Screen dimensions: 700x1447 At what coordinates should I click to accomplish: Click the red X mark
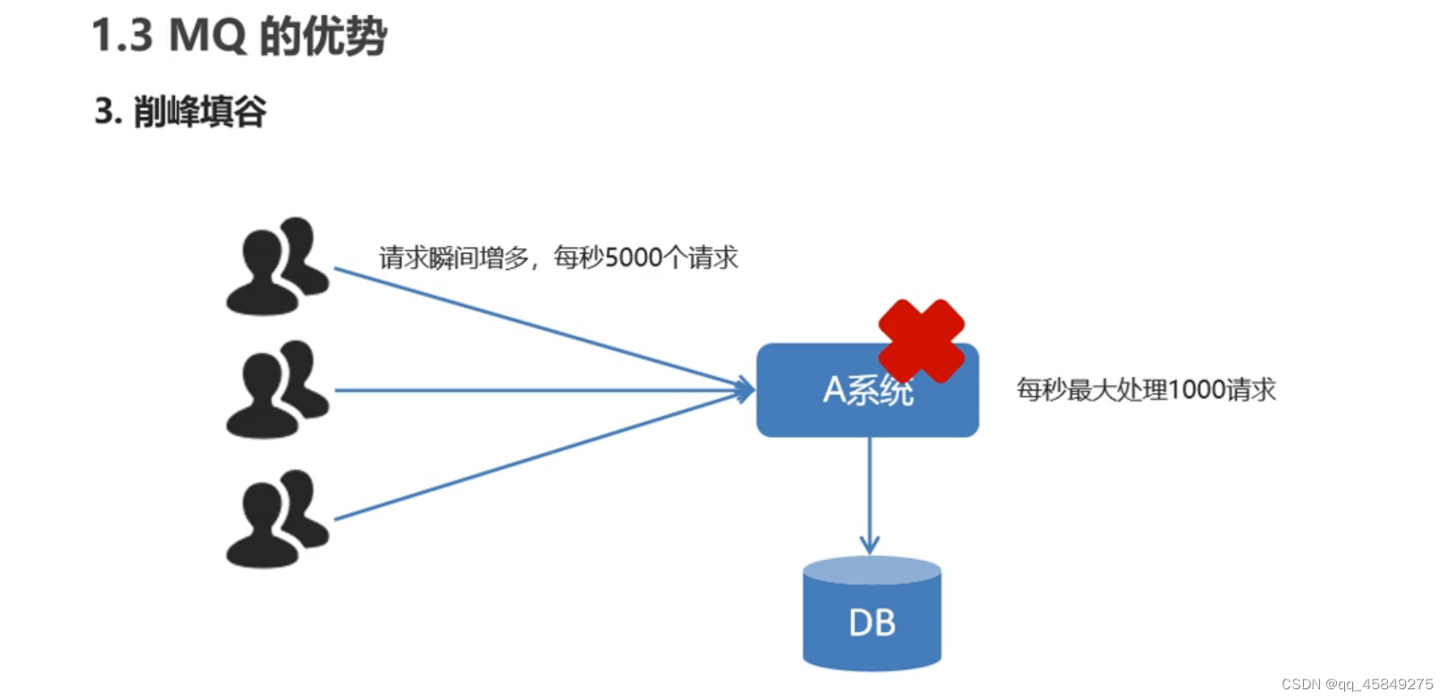(x=921, y=341)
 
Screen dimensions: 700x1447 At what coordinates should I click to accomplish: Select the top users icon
(x=277, y=266)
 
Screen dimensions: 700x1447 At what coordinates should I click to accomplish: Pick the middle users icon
(x=277, y=390)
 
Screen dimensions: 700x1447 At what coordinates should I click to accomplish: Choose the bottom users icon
(x=277, y=519)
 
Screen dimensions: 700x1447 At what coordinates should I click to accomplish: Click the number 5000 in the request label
(x=634, y=257)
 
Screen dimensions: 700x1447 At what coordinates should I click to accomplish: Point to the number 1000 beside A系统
(x=1197, y=390)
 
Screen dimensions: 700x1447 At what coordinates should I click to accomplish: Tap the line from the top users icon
(x=536, y=327)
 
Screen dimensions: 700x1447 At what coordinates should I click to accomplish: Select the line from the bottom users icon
(x=536, y=456)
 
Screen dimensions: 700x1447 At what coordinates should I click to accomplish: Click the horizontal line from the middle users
(x=536, y=390)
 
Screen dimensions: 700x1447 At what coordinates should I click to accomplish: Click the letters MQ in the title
(x=206, y=37)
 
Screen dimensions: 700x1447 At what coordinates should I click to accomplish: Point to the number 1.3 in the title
(x=122, y=37)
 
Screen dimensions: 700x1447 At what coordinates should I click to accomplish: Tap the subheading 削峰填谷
(x=199, y=112)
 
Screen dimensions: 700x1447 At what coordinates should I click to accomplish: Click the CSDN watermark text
(x=1357, y=684)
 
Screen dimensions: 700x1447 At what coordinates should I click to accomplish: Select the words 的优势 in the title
(x=324, y=37)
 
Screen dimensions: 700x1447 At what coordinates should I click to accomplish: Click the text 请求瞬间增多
(x=455, y=257)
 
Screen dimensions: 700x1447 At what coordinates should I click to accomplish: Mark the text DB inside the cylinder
(x=871, y=623)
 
